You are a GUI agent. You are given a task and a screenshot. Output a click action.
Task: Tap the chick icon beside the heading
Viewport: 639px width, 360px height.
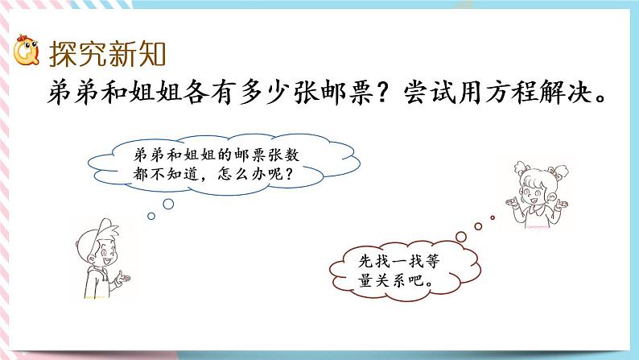(x=27, y=54)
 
